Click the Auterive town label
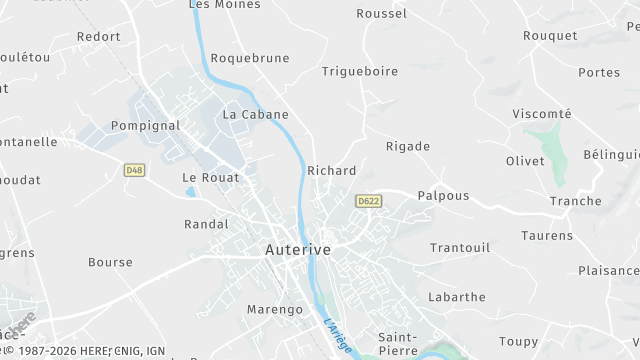pyautogui.click(x=298, y=249)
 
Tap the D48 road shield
pyautogui.click(x=135, y=171)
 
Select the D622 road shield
pyautogui.click(x=368, y=201)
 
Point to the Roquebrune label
pyautogui.click(x=249, y=58)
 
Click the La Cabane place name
pyautogui.click(x=256, y=114)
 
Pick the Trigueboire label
pyautogui.click(x=360, y=71)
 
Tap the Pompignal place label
pyautogui.click(x=145, y=126)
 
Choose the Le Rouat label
pyautogui.click(x=211, y=177)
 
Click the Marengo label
pyautogui.click(x=274, y=310)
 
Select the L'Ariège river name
pyautogui.click(x=338, y=335)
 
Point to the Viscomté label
pyautogui.click(x=542, y=114)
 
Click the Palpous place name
pyautogui.click(x=443, y=196)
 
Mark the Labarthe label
pyautogui.click(x=456, y=297)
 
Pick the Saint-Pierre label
pyautogui.click(x=404, y=337)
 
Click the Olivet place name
pyautogui.click(x=525, y=161)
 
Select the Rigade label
pyautogui.click(x=408, y=146)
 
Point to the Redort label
pyautogui.click(x=98, y=37)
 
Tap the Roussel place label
pyautogui.click(x=382, y=14)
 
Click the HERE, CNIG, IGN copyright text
pyautogui.click(x=85, y=352)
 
